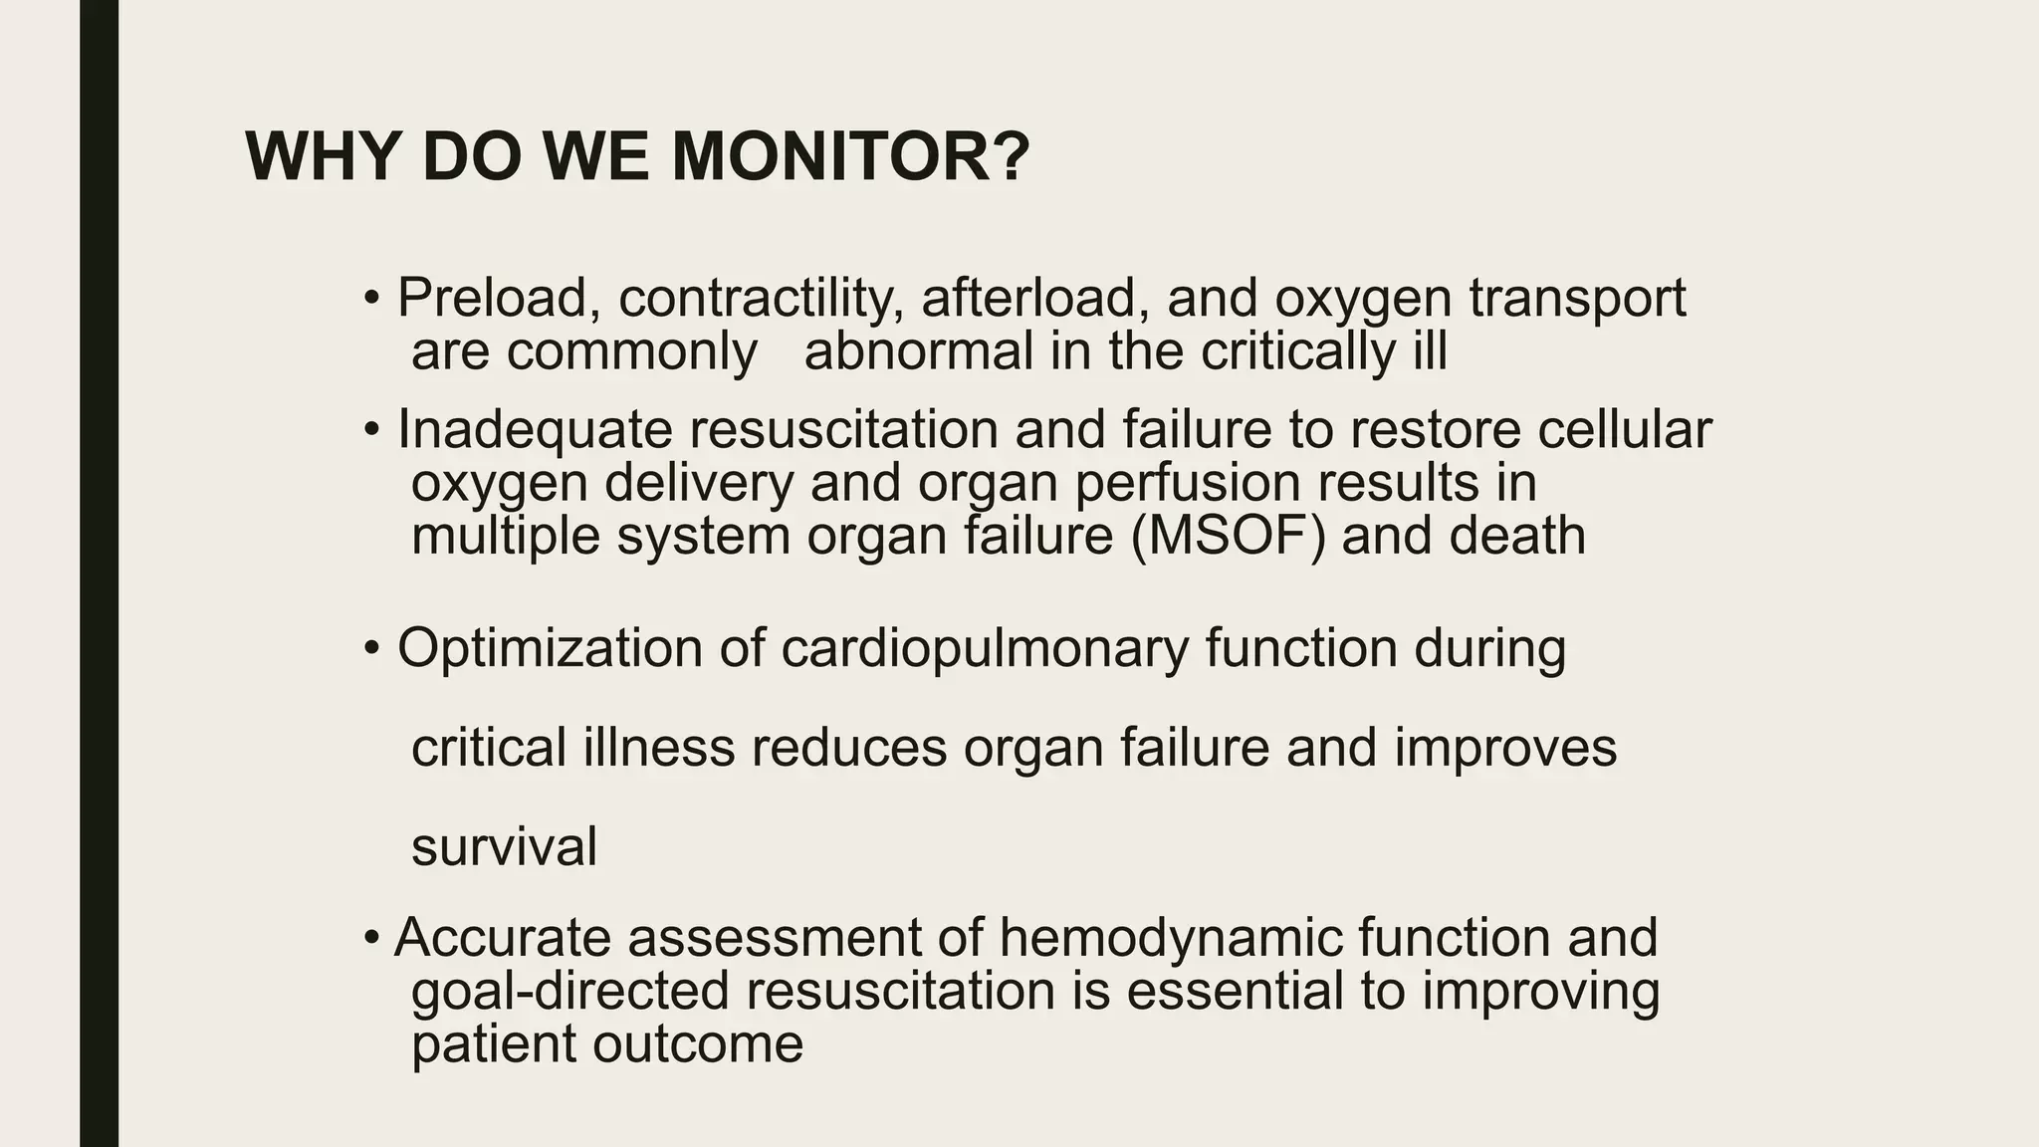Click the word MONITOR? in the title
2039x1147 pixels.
tap(850, 157)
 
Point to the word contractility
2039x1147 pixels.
tap(761, 298)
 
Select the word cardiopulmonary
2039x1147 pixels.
tap(985, 650)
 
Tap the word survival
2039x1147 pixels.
tap(504, 847)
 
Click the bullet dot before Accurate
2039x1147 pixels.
tap(371, 938)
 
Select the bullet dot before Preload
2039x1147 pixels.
tap(371, 298)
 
